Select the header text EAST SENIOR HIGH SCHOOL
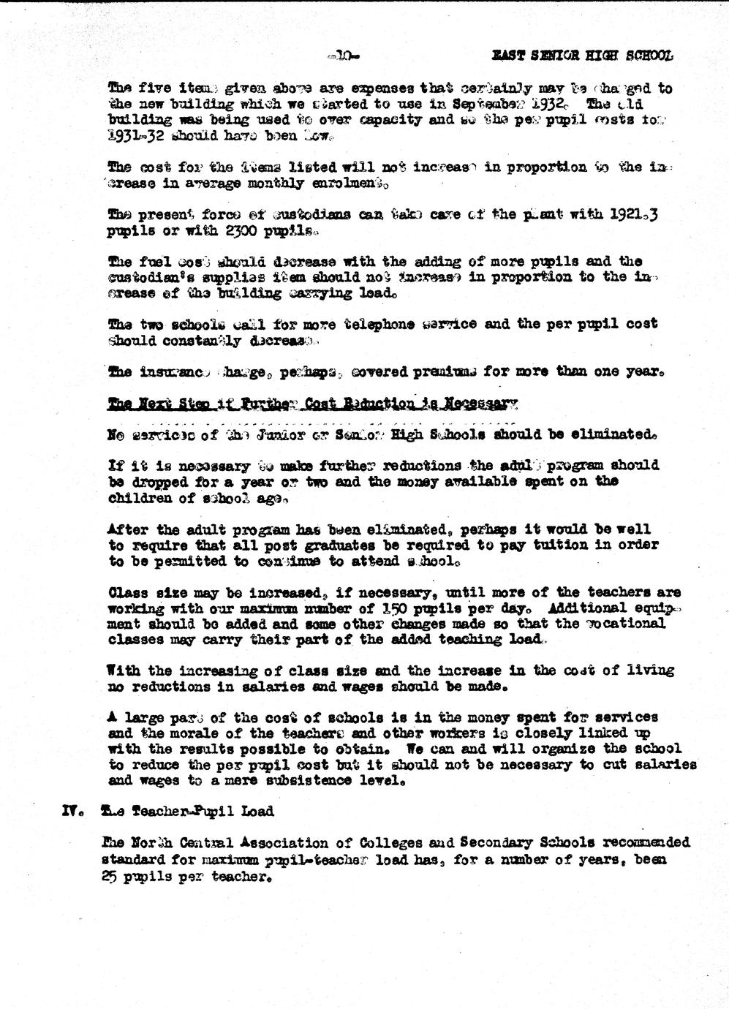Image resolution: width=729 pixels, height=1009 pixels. pos(582,56)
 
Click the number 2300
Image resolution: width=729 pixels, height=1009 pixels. pos(246,232)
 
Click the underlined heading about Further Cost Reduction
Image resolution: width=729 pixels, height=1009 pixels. pos(312,404)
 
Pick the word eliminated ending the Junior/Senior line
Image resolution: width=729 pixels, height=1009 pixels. pos(606,434)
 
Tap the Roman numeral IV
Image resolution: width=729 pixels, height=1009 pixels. pos(72,811)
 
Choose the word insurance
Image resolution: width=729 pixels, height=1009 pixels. pos(170,372)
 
